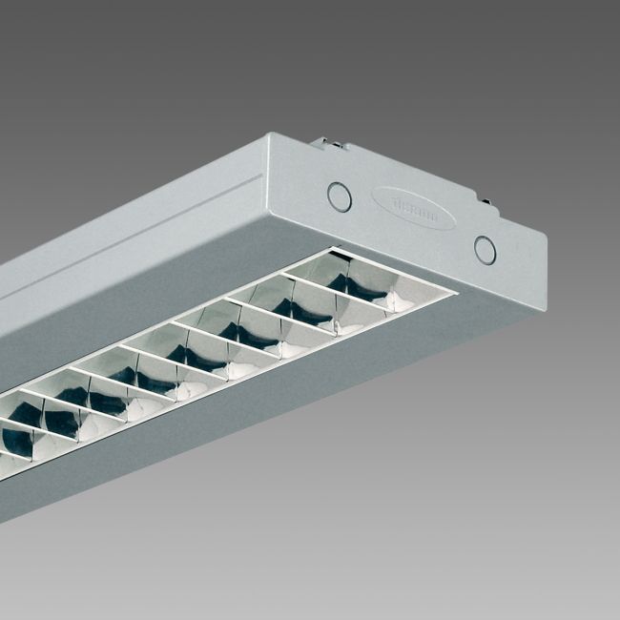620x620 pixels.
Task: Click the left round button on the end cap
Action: [x=339, y=196]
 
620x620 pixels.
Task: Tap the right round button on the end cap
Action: [x=486, y=250]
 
